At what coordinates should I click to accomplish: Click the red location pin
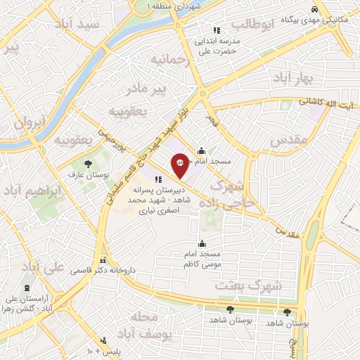181,163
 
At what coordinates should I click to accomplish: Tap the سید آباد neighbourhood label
101,24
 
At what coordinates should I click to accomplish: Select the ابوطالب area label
250,26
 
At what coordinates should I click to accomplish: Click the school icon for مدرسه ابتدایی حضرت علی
217,30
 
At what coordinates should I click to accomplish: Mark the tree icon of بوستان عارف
88,165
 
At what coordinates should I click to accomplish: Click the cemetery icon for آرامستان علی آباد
27,289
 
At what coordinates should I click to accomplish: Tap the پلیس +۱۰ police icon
103,340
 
